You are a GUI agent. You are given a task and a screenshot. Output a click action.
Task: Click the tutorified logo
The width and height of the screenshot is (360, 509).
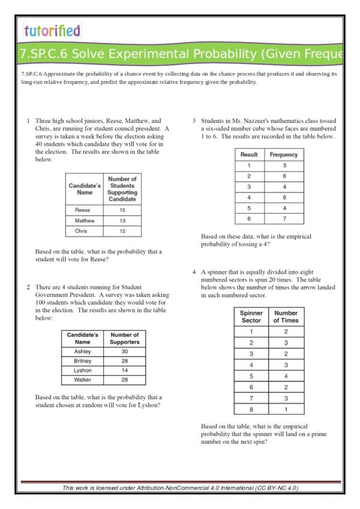tap(52, 30)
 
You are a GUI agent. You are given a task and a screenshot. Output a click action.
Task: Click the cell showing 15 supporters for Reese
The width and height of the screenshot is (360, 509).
tap(122, 210)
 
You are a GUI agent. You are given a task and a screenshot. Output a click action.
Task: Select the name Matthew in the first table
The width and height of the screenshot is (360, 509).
tap(85, 221)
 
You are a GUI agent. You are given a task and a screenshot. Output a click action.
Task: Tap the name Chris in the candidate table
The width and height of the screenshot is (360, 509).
tap(81, 231)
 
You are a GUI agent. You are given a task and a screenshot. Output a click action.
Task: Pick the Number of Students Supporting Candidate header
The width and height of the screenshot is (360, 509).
tap(122, 189)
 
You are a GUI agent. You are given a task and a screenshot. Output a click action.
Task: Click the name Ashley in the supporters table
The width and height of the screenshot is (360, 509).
tap(82, 351)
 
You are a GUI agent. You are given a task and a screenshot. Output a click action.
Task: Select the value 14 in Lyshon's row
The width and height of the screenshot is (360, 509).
tap(124, 371)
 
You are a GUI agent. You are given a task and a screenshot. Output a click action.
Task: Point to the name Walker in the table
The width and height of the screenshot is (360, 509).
tap(82, 380)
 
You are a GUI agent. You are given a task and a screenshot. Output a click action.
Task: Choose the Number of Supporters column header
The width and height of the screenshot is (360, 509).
tap(124, 338)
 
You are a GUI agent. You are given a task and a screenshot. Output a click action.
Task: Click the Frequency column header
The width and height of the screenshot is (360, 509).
tap(284, 155)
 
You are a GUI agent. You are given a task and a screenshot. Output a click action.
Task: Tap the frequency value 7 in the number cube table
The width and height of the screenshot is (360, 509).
tap(284, 219)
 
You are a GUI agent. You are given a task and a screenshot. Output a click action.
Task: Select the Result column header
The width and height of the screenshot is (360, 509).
tap(248, 155)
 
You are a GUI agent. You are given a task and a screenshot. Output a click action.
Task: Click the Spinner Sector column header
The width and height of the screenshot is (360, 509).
tap(251, 317)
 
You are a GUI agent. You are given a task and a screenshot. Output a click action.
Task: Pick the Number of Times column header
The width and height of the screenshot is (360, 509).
tap(286, 317)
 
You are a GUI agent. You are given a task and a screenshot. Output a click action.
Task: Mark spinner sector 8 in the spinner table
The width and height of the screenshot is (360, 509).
tap(251, 409)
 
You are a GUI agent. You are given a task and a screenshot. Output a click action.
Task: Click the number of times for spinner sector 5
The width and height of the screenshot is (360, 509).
tap(286, 377)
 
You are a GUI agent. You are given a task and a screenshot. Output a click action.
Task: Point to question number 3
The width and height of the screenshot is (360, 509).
tap(194, 121)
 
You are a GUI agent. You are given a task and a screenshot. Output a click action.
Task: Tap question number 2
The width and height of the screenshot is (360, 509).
tap(28, 287)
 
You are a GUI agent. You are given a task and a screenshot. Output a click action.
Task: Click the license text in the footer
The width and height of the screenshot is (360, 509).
tap(180, 488)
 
